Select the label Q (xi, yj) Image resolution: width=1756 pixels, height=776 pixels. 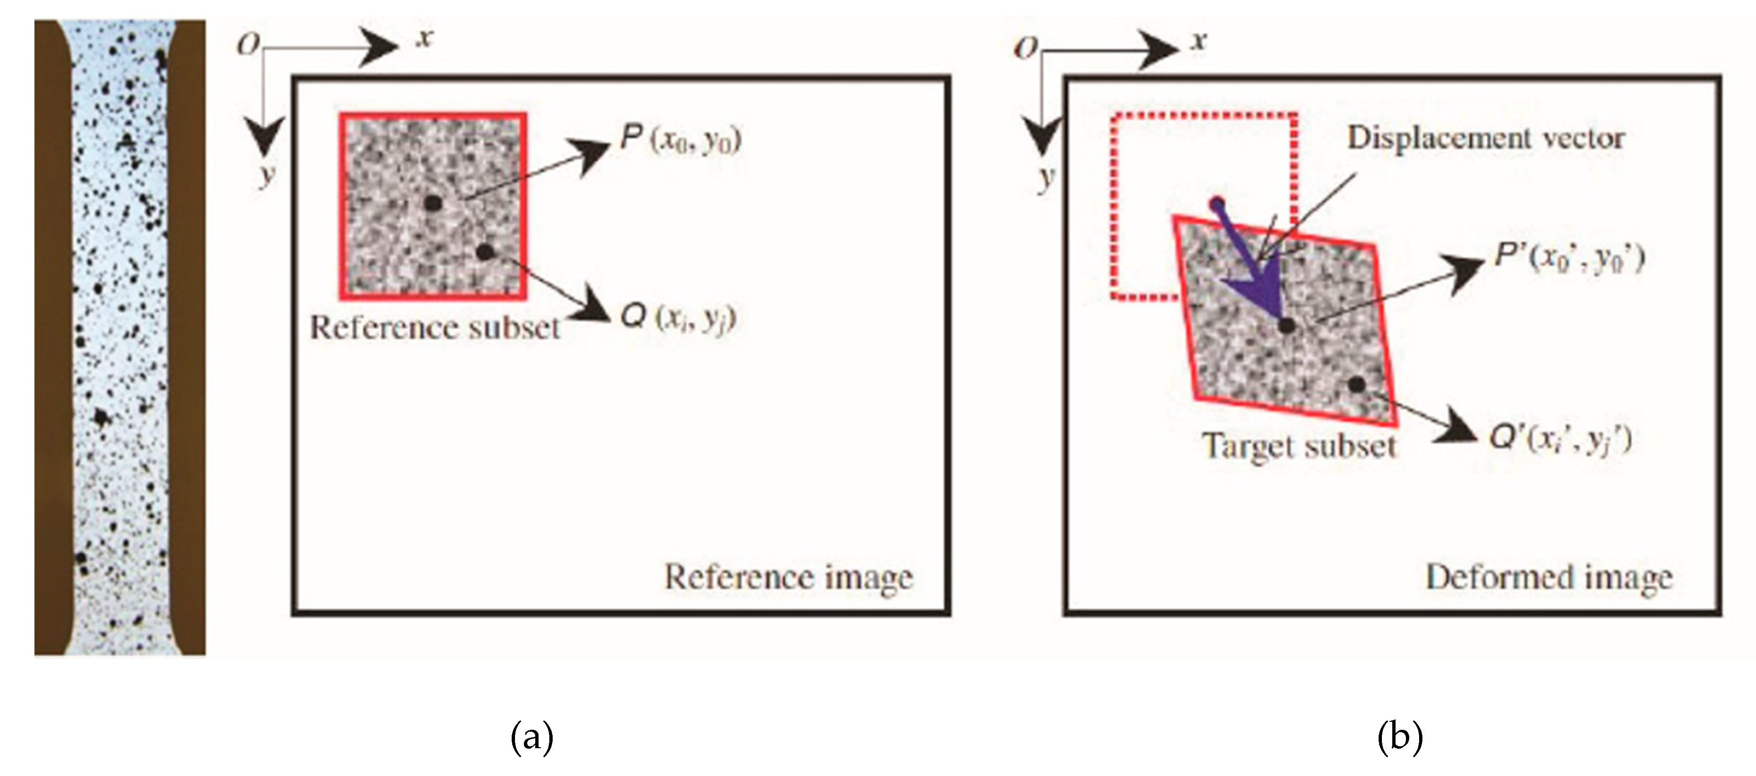click(x=679, y=318)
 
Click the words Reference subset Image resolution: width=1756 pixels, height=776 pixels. click(x=435, y=328)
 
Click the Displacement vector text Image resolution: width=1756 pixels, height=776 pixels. click(x=1486, y=139)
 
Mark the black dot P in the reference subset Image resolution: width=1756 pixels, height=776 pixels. click(x=432, y=203)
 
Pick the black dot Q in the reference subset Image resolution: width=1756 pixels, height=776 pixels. click(x=485, y=252)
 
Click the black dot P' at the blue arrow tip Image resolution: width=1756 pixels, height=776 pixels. click(x=1286, y=326)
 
